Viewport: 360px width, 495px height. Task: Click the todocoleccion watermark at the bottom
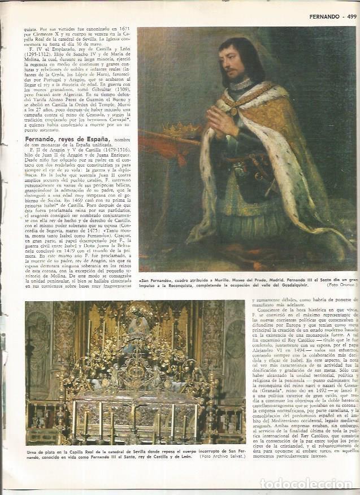click(x=305, y=484)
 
